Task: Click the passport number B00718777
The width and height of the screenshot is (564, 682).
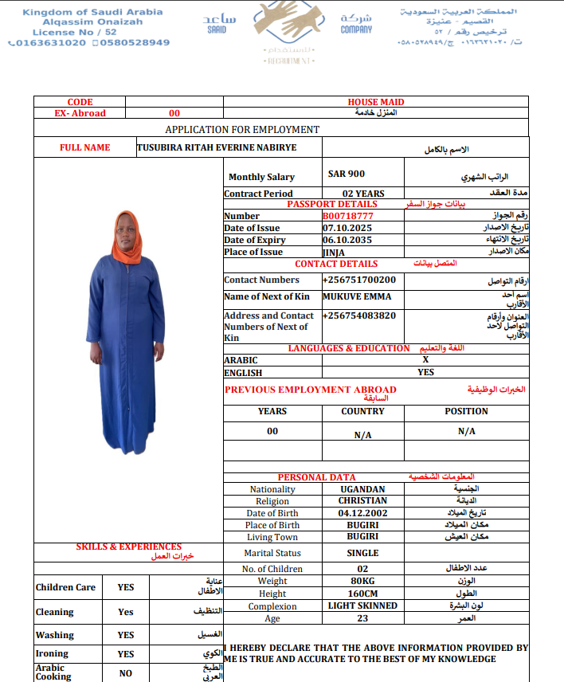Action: pyautogui.click(x=348, y=216)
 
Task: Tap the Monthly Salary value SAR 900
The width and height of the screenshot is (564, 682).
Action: pyautogui.click(x=347, y=174)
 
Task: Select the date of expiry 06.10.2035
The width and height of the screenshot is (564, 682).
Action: pyautogui.click(x=348, y=240)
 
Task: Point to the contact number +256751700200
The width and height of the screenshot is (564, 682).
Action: pyautogui.click(x=359, y=280)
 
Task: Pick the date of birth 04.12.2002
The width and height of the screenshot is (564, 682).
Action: pyautogui.click(x=362, y=513)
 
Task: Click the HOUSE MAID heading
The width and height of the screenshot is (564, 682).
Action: pyautogui.click(x=376, y=102)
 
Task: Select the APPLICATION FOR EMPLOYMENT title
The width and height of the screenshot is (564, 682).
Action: pyautogui.click(x=242, y=129)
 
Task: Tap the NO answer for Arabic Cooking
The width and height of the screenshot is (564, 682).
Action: pyautogui.click(x=126, y=672)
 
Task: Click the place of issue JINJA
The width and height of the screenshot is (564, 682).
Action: pyautogui.click(x=334, y=252)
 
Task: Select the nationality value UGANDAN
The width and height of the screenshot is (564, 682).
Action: pyautogui.click(x=362, y=489)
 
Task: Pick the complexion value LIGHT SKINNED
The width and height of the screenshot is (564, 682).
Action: pyautogui.click(x=362, y=606)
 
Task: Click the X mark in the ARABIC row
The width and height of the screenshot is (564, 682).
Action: pyautogui.click(x=425, y=360)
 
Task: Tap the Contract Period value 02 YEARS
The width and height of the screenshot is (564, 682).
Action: pyautogui.click(x=363, y=194)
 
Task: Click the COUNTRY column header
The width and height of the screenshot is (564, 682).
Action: pyautogui.click(x=362, y=411)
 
